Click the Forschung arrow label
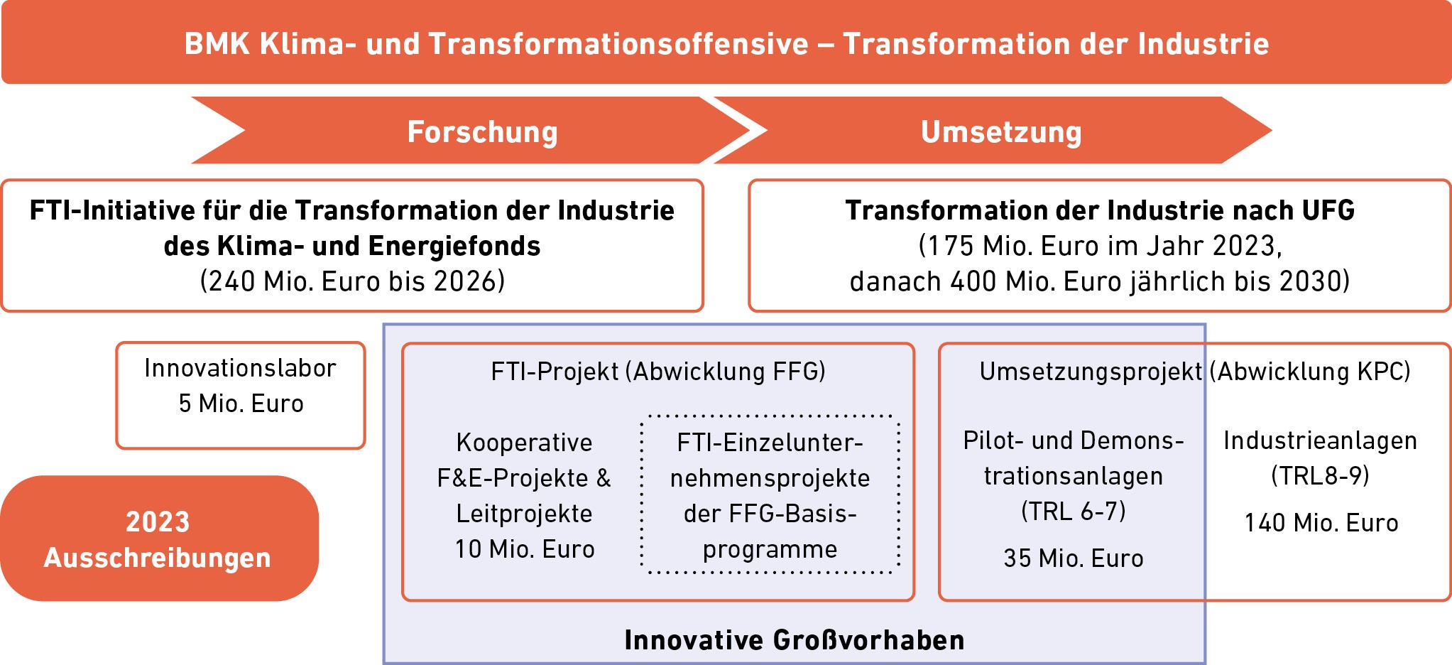click(x=483, y=132)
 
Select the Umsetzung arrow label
click(x=1001, y=132)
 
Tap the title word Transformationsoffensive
click(x=618, y=44)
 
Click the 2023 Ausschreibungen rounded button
click(x=159, y=539)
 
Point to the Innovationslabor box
click(x=241, y=396)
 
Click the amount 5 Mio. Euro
click(x=241, y=404)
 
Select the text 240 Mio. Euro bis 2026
click(x=352, y=281)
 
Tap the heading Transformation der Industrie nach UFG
click(x=1100, y=210)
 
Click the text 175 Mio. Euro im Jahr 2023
click(x=1100, y=246)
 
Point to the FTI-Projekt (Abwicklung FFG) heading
click(x=658, y=372)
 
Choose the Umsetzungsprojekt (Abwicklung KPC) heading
click(x=1195, y=372)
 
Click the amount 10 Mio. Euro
click(x=525, y=549)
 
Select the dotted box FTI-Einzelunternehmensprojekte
click(x=770, y=494)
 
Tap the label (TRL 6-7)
click(x=1074, y=511)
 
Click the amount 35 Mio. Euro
click(x=1074, y=558)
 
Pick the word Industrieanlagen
click(x=1321, y=440)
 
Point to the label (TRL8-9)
click(x=1321, y=475)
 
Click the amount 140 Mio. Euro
click(x=1321, y=523)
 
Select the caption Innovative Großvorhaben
click(x=795, y=640)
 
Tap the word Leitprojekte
click(x=525, y=514)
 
